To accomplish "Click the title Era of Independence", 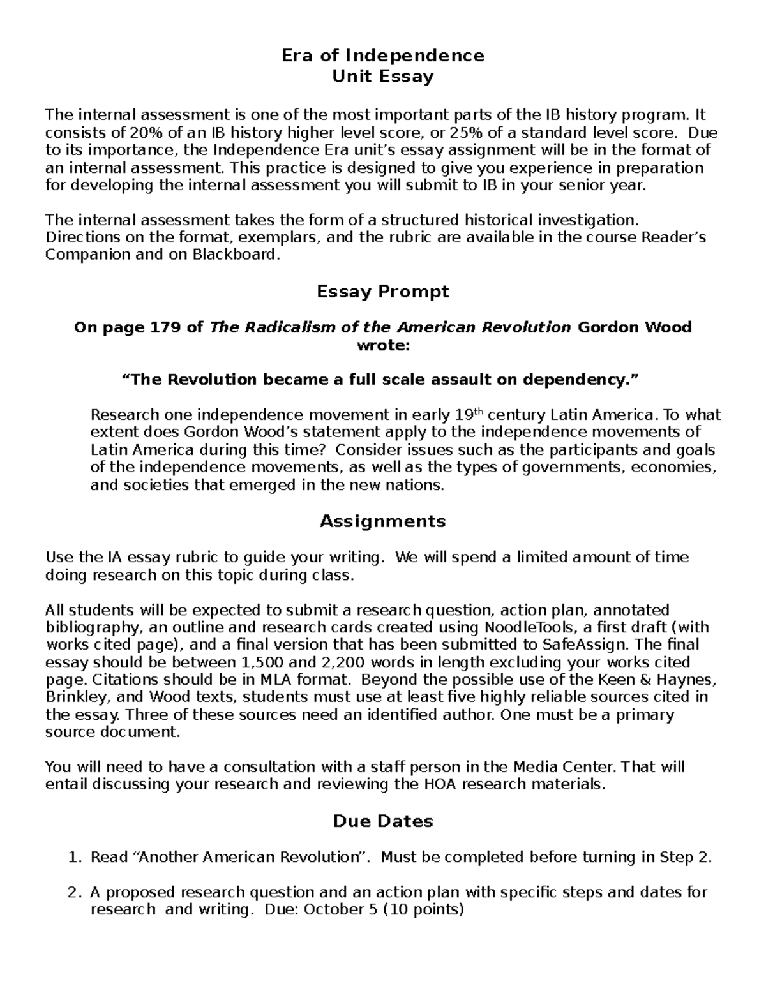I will pyautogui.click(x=383, y=56).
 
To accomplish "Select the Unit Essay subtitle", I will pyautogui.click(x=383, y=77).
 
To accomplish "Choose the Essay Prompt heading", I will pyautogui.click(x=383, y=292).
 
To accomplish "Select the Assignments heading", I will pyautogui.click(x=383, y=521).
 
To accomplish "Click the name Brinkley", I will pyautogui.click(x=72, y=697).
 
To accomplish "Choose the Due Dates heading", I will pyautogui.click(x=383, y=821).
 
